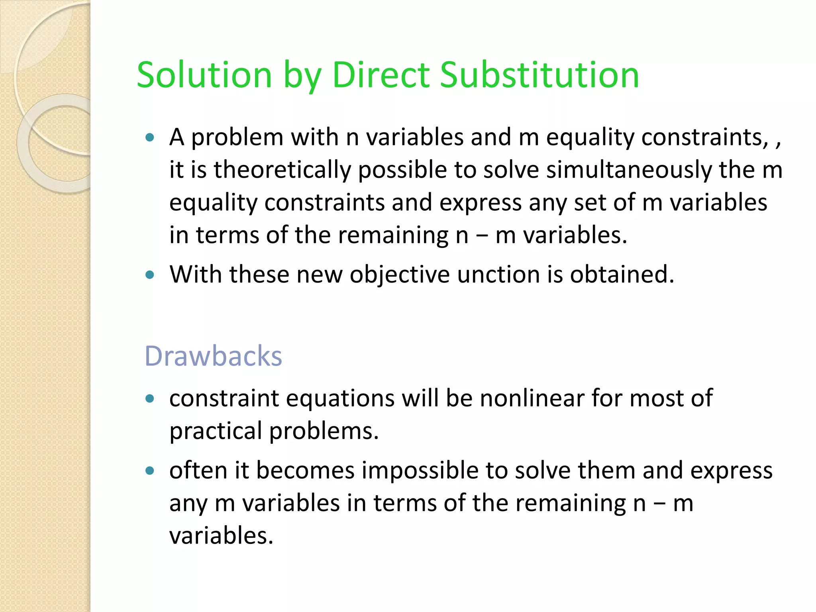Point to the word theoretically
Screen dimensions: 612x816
point(282,170)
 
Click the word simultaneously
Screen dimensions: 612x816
point(629,170)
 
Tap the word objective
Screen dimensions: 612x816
point(400,275)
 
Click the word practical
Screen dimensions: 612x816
point(216,431)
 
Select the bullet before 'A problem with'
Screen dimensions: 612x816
point(150,138)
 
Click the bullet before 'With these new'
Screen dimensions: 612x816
point(150,275)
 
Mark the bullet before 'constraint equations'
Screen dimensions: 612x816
point(150,398)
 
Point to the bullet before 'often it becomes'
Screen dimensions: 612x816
point(150,471)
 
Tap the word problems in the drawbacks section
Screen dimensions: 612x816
point(324,431)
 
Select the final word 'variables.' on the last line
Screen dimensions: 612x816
point(221,535)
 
